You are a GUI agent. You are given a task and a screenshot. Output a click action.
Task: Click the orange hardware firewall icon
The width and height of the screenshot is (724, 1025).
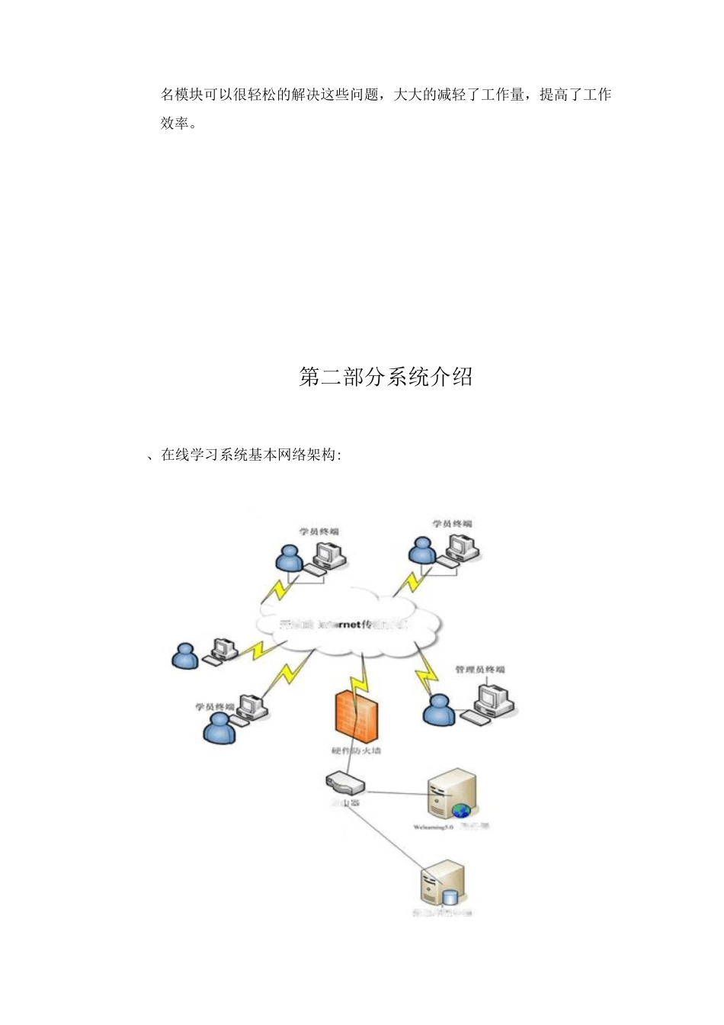coord(356,715)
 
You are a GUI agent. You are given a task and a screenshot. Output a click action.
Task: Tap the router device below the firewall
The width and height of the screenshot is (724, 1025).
coord(344,782)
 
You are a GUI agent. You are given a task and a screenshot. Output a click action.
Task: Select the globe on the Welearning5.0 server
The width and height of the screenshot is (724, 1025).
coord(460,811)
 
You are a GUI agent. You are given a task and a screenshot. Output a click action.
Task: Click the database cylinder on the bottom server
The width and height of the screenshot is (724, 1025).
coord(450,898)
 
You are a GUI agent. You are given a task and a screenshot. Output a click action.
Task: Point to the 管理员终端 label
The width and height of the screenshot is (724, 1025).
coord(479,670)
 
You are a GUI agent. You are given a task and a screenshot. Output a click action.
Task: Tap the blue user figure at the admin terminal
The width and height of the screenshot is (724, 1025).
coord(439,711)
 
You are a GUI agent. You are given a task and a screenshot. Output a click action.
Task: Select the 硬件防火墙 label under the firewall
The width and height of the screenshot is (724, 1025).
coord(356,751)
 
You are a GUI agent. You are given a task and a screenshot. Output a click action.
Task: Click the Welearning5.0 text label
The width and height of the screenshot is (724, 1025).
coord(433,827)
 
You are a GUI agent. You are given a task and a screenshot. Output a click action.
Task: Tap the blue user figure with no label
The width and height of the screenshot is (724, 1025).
coord(184,656)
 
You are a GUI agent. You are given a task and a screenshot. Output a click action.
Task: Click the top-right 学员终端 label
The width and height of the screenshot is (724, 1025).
coord(452,524)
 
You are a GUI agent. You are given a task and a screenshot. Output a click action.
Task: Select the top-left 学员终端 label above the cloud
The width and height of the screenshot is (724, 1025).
coord(319,532)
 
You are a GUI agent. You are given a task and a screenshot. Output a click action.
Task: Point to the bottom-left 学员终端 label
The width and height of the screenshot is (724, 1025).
coord(214,707)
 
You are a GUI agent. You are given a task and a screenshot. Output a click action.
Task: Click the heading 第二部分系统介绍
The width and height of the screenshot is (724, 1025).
coord(386,377)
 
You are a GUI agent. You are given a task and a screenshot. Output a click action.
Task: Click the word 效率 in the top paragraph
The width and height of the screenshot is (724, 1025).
coord(175,123)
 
